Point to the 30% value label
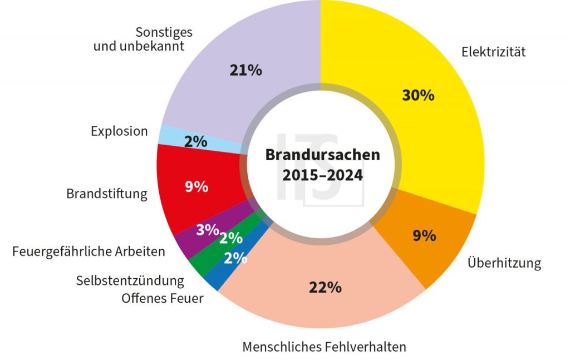click(x=418, y=95)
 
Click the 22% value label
click(x=325, y=287)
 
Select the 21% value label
click(x=245, y=71)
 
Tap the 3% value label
click(x=207, y=229)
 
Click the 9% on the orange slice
click(x=424, y=236)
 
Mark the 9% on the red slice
click(x=196, y=187)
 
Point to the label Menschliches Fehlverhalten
click(x=324, y=347)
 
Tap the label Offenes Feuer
click(x=163, y=298)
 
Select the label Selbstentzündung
click(x=130, y=280)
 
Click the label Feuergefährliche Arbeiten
click(x=89, y=251)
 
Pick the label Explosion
click(x=119, y=132)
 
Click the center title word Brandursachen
click(x=322, y=154)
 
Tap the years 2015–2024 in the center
click(x=322, y=175)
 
